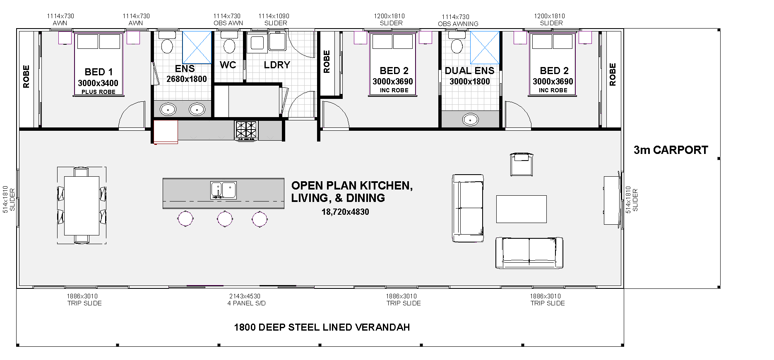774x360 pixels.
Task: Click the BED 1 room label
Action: point(99,72)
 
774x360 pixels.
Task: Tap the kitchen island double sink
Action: point(223,190)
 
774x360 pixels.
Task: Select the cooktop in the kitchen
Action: point(246,130)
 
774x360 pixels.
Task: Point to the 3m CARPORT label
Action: point(671,150)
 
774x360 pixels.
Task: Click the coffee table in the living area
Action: point(521,209)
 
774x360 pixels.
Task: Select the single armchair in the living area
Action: point(522,164)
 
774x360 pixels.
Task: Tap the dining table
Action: point(82,206)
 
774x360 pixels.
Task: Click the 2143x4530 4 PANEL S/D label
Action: point(246,300)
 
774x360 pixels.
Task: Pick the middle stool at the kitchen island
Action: point(225,218)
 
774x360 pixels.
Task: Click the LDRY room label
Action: point(277,65)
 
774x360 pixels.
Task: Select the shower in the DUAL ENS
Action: point(485,48)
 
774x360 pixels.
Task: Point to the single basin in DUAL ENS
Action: point(470,120)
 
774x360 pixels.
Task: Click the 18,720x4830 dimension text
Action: point(345,212)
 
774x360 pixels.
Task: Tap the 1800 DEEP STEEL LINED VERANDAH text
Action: point(322,327)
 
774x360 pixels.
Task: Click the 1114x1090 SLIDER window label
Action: point(274,19)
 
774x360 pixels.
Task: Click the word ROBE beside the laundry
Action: point(327,62)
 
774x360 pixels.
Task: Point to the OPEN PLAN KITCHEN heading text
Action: point(352,185)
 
